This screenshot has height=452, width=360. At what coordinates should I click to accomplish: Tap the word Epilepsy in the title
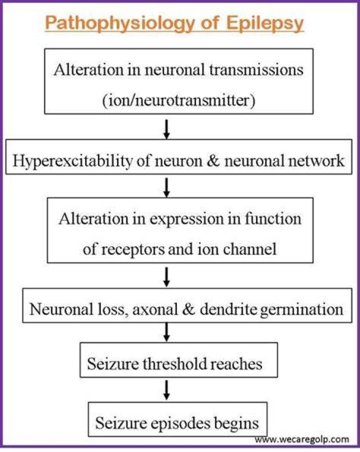(264, 23)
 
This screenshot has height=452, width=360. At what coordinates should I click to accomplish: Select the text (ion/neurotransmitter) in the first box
(179, 100)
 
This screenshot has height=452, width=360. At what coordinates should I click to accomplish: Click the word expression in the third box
(186, 220)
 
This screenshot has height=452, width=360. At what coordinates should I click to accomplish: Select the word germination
(301, 310)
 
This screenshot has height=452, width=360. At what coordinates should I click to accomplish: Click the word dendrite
(228, 309)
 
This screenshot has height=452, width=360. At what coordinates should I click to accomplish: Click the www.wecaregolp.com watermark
(301, 440)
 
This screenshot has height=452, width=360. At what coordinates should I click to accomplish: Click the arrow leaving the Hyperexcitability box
(166, 187)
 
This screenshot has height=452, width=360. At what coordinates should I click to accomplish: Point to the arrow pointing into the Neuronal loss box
(166, 277)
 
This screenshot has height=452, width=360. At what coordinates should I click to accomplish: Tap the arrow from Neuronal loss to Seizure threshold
(166, 332)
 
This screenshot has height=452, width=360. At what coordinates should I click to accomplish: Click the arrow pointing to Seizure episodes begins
(166, 390)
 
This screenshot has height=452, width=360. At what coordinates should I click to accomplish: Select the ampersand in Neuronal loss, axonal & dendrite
(189, 309)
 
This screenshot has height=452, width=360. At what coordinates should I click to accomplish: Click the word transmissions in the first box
(256, 70)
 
